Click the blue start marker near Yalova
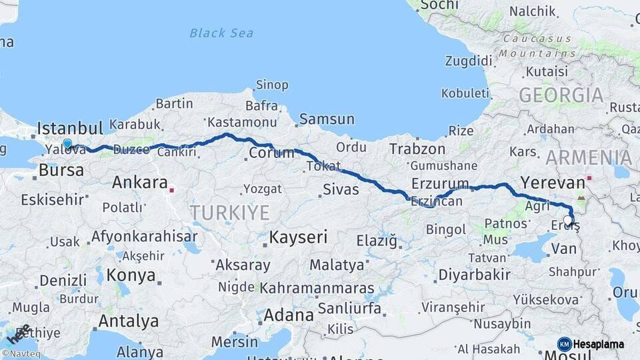(x=67, y=143)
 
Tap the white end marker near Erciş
(x=568, y=220)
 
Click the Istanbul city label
(x=70, y=128)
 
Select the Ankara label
(x=139, y=182)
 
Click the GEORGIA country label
(x=561, y=95)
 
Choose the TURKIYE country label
(x=229, y=213)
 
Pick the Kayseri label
(x=297, y=237)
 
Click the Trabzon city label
(x=417, y=149)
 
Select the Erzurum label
(x=441, y=183)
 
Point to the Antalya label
(x=129, y=321)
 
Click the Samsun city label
(x=327, y=120)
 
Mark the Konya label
(x=131, y=275)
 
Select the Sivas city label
(x=341, y=189)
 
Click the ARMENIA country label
(x=589, y=158)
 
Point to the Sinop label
(x=273, y=85)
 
